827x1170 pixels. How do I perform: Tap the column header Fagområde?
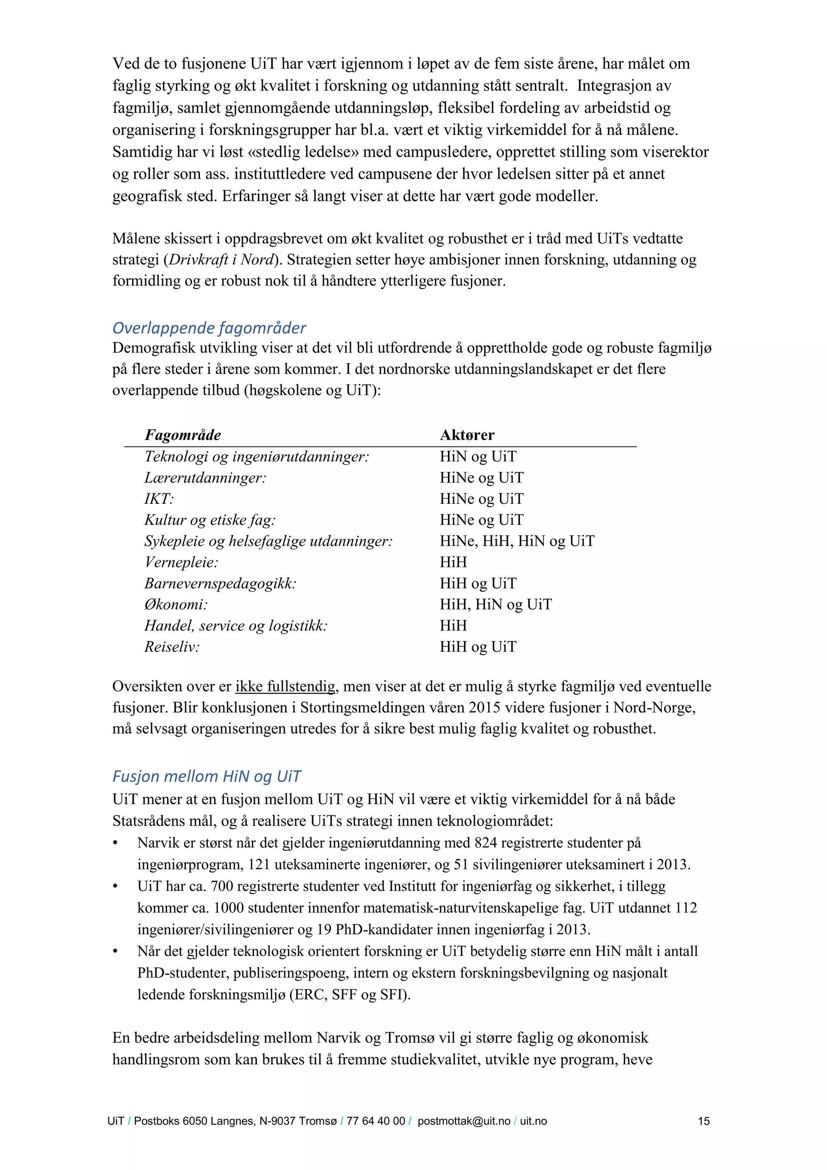click(183, 435)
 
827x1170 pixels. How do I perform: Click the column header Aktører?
click(467, 435)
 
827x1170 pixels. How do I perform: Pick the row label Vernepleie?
click(181, 562)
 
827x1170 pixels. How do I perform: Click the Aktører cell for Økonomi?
click(495, 604)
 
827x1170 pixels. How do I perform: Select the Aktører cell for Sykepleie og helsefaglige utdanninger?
click(517, 541)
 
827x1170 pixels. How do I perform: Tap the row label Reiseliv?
click(172, 647)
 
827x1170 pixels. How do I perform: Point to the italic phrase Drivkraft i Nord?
click(222, 260)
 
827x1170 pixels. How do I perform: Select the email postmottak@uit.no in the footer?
click(463, 1121)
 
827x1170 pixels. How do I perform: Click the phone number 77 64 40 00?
click(376, 1121)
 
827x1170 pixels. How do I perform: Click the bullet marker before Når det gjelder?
click(115, 952)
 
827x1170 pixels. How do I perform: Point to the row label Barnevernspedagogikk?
click(220, 583)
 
